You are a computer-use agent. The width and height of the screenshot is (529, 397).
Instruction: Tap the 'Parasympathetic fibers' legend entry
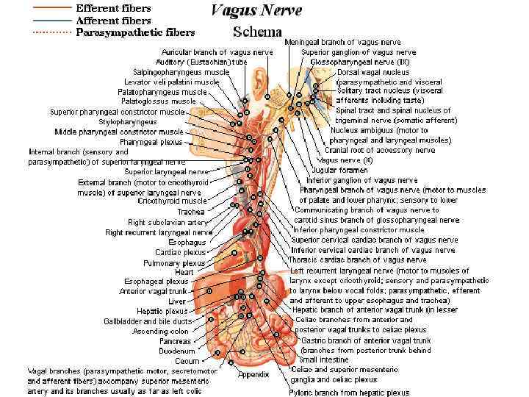(x=135, y=32)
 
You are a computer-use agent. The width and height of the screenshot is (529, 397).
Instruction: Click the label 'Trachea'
(x=190, y=212)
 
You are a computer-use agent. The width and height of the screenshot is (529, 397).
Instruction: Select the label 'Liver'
(x=177, y=301)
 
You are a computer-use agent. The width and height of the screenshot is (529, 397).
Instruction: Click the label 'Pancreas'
(x=175, y=341)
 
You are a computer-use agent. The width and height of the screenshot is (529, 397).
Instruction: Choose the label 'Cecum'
(x=187, y=361)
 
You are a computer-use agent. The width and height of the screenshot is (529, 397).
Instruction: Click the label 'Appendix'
(x=253, y=374)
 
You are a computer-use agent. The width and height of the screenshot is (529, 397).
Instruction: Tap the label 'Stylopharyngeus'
(x=128, y=122)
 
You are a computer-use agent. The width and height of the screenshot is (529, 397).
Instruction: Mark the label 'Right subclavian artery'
(x=168, y=222)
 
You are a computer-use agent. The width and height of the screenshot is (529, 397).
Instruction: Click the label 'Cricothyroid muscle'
(x=172, y=201)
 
